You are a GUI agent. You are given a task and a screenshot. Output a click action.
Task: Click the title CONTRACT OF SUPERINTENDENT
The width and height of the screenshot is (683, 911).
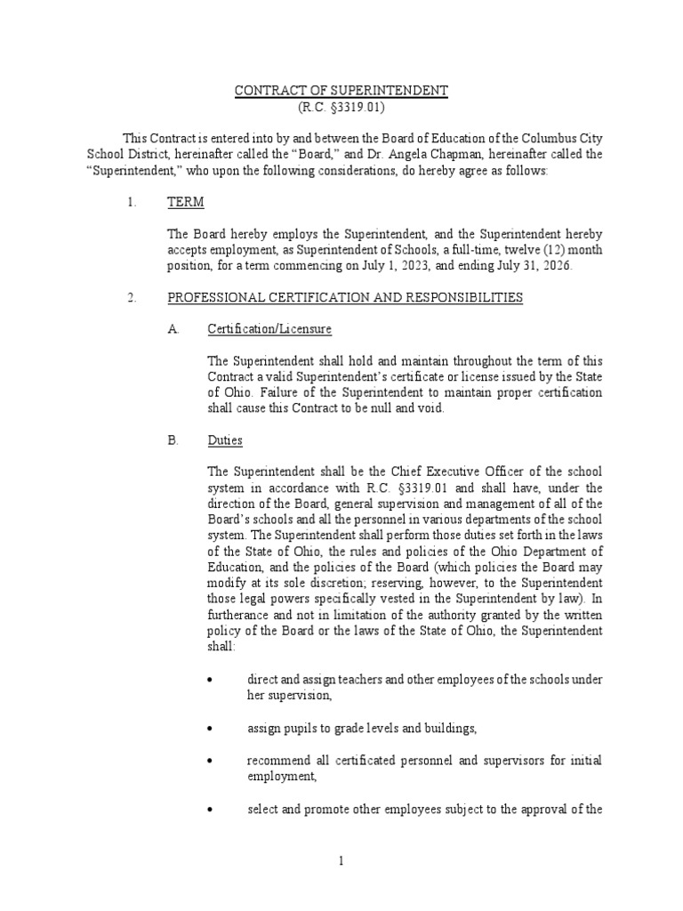[342, 92]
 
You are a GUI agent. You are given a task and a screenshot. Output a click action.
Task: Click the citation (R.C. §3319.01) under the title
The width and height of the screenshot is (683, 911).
[342, 107]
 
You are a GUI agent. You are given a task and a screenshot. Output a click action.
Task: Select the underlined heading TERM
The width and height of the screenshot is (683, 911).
[186, 202]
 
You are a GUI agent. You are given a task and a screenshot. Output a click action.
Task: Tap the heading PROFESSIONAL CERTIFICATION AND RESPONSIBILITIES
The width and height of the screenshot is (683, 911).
[345, 297]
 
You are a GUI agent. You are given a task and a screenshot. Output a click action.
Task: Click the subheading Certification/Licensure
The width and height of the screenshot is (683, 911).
[269, 329]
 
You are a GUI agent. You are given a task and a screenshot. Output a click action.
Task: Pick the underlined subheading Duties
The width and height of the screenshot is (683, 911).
[225, 440]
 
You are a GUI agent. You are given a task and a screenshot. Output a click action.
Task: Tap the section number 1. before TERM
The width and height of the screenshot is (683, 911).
[132, 202]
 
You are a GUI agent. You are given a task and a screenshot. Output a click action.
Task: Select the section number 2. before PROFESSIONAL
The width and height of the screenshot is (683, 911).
[132, 297]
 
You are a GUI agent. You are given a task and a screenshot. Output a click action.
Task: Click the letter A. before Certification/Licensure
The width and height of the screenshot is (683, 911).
[173, 329]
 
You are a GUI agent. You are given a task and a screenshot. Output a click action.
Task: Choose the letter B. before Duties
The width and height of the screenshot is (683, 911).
[173, 440]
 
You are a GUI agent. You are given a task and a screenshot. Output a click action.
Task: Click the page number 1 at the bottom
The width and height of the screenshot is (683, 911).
[341, 861]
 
